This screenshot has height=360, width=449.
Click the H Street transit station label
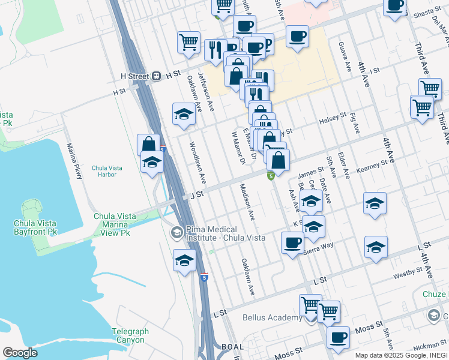point(134,76)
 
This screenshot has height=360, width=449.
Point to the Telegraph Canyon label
point(128,335)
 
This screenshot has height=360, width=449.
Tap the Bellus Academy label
point(272,317)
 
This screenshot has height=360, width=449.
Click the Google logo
point(20,353)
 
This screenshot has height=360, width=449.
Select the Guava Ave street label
point(346,57)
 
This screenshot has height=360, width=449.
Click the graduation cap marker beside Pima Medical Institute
point(184,260)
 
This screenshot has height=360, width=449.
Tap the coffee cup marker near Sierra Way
point(292,243)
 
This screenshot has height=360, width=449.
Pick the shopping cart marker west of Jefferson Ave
point(188,42)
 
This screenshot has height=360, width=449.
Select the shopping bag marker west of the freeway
point(148,145)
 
